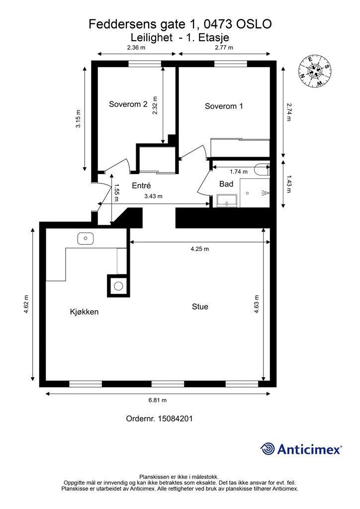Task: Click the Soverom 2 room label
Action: pyautogui.click(x=128, y=104)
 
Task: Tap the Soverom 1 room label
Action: pyautogui.click(x=224, y=106)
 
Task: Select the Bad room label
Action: pyautogui.click(x=226, y=184)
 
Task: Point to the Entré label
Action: pyautogui.click(x=142, y=185)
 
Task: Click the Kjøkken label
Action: pyautogui.click(x=84, y=312)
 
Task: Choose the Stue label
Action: pyautogui.click(x=200, y=307)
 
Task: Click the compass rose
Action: pyautogui.click(x=315, y=72)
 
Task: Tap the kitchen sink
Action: pyautogui.click(x=86, y=238)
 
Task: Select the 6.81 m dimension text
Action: pyautogui.click(x=158, y=400)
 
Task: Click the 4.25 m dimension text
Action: pyautogui.click(x=199, y=249)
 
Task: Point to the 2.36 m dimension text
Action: pyautogui.click(x=136, y=47)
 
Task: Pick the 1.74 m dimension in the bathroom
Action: pyautogui.click(x=239, y=171)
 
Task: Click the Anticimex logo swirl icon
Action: pyautogui.click(x=268, y=449)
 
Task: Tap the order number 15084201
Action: pyautogui.click(x=175, y=419)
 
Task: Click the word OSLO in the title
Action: pyautogui.click(x=254, y=24)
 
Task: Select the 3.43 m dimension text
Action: pyautogui.click(x=153, y=196)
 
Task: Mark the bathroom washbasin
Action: pyautogui.click(x=227, y=201)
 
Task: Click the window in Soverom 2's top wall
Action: pyautogui.click(x=145, y=64)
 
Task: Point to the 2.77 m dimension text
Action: pyautogui.click(x=224, y=47)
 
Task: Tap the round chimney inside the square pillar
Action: pyautogui.click(x=118, y=286)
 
